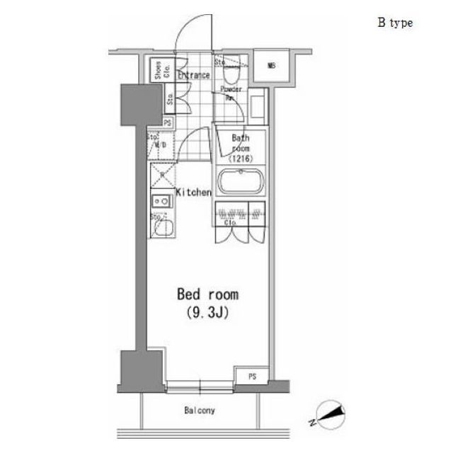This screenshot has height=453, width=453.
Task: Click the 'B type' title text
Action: pos(395,23)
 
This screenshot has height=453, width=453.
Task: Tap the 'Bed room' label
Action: pos(207,294)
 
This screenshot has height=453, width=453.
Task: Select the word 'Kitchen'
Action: pos(193,192)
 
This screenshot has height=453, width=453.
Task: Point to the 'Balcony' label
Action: pos(200,411)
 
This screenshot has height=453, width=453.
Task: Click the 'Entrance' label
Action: pos(193,75)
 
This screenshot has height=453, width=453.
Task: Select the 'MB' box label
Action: pos(271,67)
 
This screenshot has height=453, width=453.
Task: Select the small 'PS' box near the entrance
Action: pos(168,122)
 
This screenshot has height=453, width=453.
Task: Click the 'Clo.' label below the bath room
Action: pos(230,222)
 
